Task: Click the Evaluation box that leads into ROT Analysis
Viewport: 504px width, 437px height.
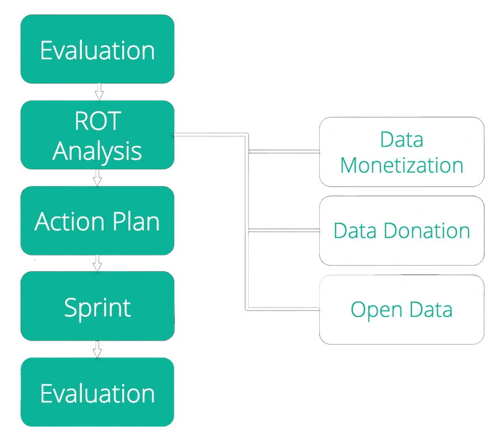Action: pyautogui.click(x=97, y=49)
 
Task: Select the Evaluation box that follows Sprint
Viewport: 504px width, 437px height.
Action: pyautogui.click(x=97, y=393)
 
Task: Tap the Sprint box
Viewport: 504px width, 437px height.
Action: pyautogui.click(x=97, y=307)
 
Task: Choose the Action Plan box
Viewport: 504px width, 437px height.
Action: pyautogui.click(x=97, y=221)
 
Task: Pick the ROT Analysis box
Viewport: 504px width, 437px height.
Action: pyautogui.click(x=97, y=135)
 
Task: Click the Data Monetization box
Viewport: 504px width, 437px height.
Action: pyautogui.click(x=402, y=152)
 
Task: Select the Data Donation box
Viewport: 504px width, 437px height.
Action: pyautogui.click(x=402, y=231)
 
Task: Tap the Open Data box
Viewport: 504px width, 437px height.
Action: pyautogui.click(x=402, y=309)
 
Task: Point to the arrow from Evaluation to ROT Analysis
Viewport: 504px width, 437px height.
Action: pyautogui.click(x=98, y=91)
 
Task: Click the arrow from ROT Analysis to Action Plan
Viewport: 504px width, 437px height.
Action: pyautogui.click(x=98, y=178)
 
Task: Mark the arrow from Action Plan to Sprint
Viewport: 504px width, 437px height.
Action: pyautogui.click(x=98, y=263)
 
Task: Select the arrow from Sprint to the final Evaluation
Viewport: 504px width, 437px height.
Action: pyautogui.click(x=98, y=349)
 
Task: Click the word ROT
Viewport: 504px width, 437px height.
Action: pyautogui.click(x=97, y=121)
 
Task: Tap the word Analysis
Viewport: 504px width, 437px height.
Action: pyautogui.click(x=97, y=150)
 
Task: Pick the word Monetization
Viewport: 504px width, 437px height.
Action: pyautogui.click(x=402, y=165)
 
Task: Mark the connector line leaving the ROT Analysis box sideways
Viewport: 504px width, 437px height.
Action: pyautogui.click(x=210, y=135)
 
